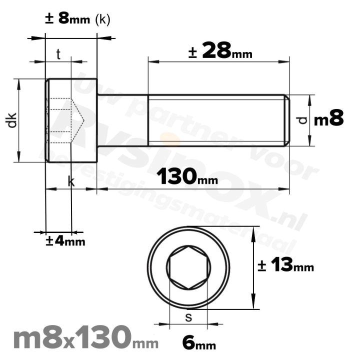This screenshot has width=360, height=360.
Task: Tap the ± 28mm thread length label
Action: pyautogui.click(x=220, y=51)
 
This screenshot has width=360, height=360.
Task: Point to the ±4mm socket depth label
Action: pyautogui.click(x=65, y=241)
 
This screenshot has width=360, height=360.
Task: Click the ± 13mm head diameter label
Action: pyautogui.click(x=285, y=266)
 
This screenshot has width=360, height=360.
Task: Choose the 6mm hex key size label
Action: pyautogui.click(x=199, y=343)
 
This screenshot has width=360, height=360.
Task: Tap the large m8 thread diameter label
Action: pyautogui.click(x=329, y=119)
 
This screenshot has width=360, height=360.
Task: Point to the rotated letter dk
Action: pyautogui.click(x=13, y=120)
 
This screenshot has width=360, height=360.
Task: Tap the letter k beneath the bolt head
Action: pyautogui.click(x=71, y=183)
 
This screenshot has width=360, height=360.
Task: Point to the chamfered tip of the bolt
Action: pyautogui.click(x=287, y=120)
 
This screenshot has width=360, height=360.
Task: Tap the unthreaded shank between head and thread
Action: pyautogui.click(x=122, y=120)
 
